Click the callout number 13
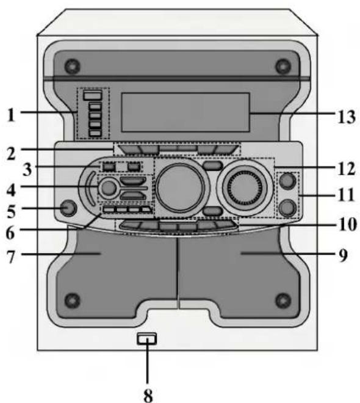pos(347,117)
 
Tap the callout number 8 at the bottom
pos(148,395)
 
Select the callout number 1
pos(11,115)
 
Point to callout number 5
pos(11,211)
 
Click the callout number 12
pos(347,169)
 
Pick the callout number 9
pos(344,255)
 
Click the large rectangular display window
pos(185,112)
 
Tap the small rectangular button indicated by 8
pos(146,339)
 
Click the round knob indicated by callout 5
pos(68,208)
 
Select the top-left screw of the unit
pos(73,66)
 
